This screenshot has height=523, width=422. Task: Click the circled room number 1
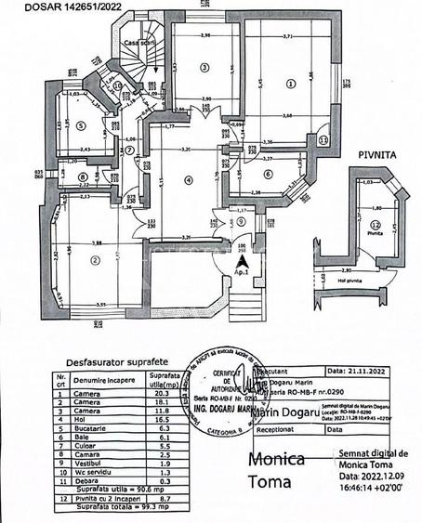click(x=291, y=83)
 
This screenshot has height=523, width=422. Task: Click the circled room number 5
click(x=81, y=127)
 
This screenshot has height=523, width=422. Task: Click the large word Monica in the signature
click(x=276, y=461)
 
